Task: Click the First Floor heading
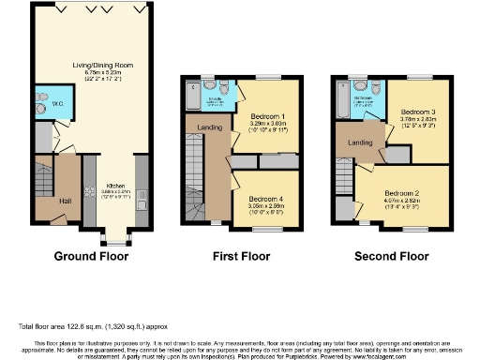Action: pos(242,255)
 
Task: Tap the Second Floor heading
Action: pos(390,255)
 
